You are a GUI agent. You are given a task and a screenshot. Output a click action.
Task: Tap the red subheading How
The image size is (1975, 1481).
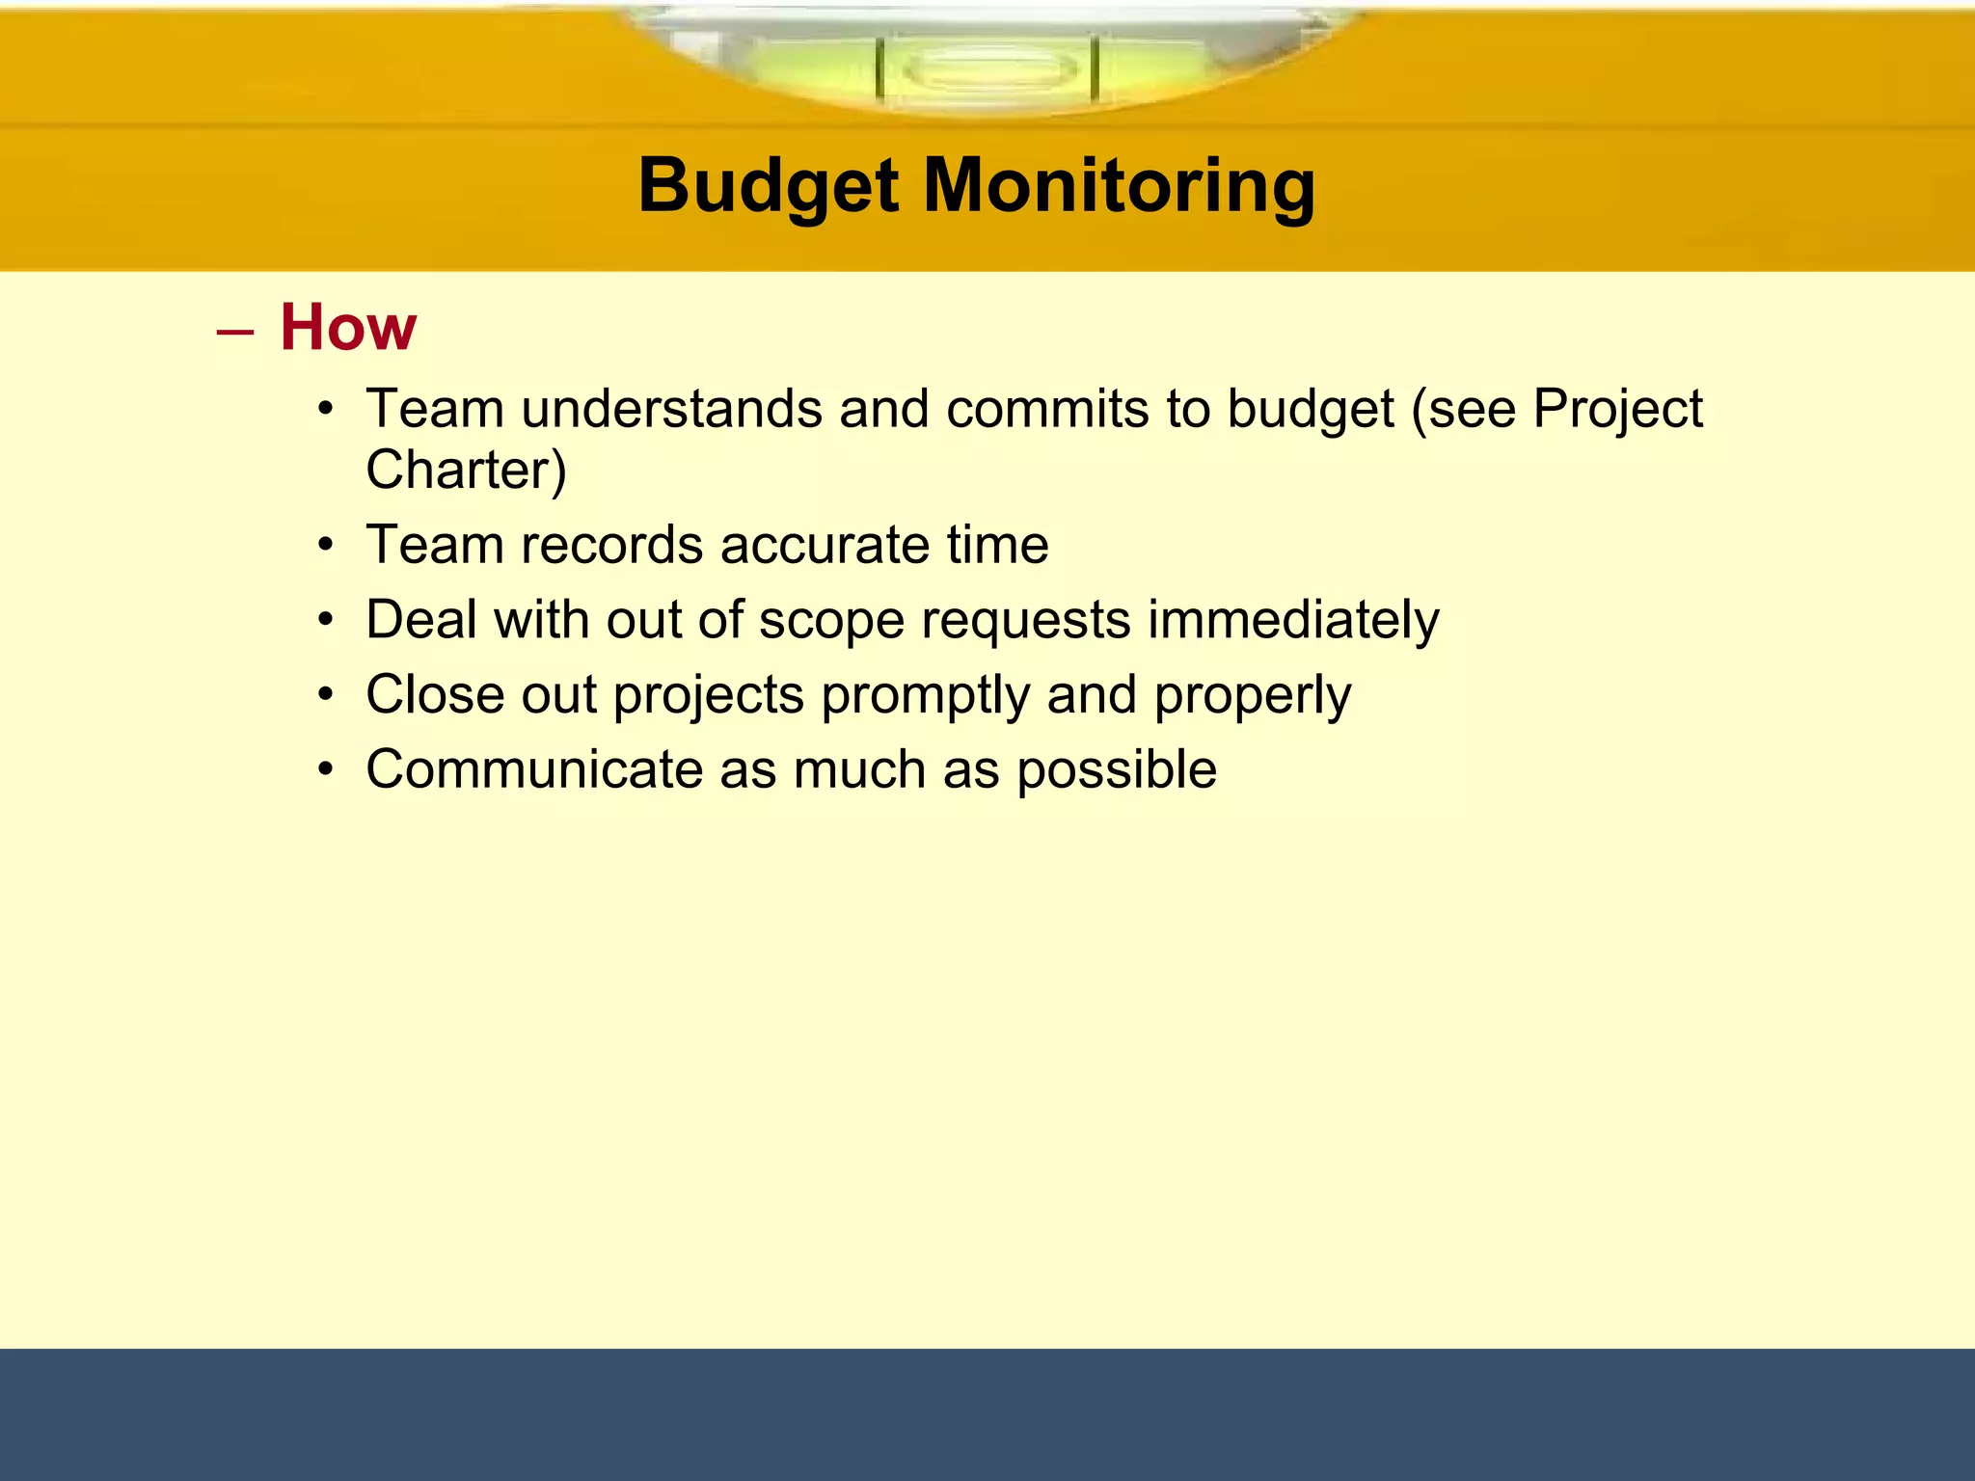[x=348, y=328]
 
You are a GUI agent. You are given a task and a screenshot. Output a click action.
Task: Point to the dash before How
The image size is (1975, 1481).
[x=235, y=332]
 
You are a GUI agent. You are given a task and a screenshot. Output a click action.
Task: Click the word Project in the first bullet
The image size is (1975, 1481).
[x=1617, y=409]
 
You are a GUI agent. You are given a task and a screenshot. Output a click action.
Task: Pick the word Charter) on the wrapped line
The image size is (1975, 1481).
[x=466, y=470]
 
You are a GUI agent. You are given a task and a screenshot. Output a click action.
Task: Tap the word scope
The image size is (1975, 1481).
[x=831, y=620]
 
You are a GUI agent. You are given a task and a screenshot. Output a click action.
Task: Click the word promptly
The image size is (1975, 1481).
[x=925, y=695]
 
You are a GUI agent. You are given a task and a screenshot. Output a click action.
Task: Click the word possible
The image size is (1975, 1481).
[x=1117, y=769]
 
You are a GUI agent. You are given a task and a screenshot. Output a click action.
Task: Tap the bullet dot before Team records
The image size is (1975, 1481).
[x=327, y=546]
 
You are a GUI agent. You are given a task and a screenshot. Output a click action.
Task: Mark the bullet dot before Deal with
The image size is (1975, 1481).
[x=327, y=620]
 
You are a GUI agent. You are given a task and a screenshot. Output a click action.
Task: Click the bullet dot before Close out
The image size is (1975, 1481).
[x=327, y=695]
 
